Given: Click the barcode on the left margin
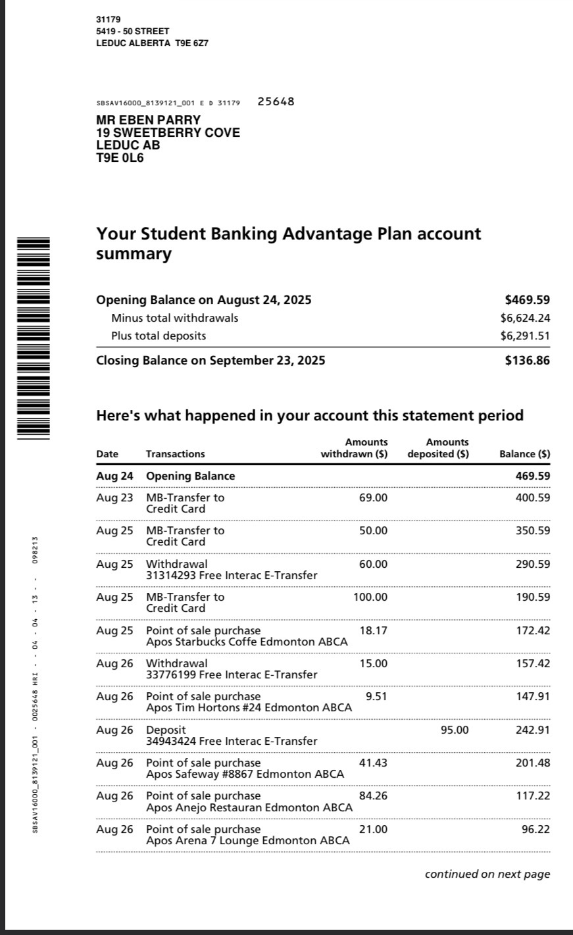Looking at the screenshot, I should coord(33,338).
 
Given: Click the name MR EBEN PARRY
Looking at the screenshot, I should coord(148,120).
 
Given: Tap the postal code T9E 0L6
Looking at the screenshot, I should coord(120,158).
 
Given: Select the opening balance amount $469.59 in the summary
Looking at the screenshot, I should coord(527,300).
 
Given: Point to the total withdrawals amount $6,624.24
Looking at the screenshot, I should coord(525,318).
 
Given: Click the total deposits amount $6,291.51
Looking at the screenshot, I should coord(525,336).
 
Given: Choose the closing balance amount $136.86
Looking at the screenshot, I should coord(527,361).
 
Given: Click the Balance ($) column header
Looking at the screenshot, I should coord(524,454).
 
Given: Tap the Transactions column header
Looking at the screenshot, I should coord(175,454).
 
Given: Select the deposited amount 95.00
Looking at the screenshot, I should coord(455,730).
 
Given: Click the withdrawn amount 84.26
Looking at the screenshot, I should coord(373,796).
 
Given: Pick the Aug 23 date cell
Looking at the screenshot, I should coord(114,498).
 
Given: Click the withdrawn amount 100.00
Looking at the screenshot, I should coord(370,597).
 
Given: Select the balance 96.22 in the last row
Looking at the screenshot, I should coord(536,829).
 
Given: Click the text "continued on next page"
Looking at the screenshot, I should coord(487,874).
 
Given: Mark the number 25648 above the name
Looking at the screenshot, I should coord(276,101).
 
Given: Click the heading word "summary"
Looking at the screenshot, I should coord(134,254).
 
